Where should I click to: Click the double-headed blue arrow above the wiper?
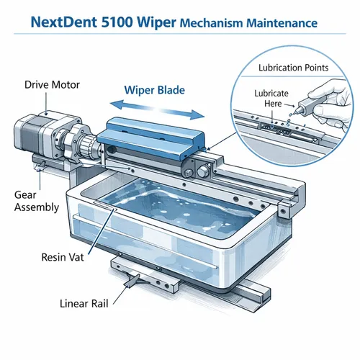tap(153, 112)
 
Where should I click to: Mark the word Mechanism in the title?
tap(214, 23)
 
